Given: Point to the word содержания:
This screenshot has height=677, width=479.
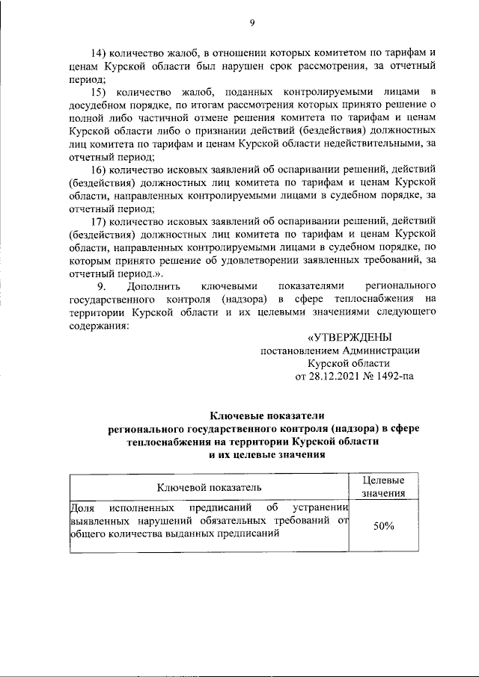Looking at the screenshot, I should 97,326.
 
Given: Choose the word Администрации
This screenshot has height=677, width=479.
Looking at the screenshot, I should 381,351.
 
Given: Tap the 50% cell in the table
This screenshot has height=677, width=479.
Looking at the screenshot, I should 383,526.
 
